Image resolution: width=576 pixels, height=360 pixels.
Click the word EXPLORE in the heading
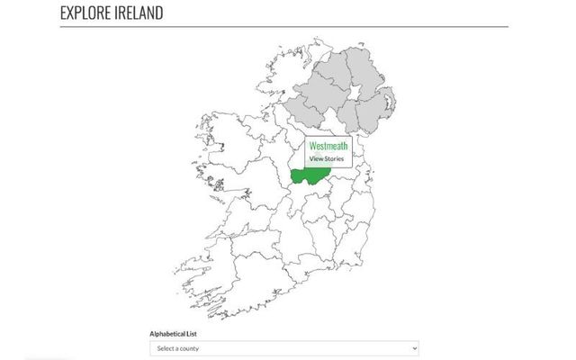(88, 14)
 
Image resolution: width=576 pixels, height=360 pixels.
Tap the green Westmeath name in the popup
(328, 145)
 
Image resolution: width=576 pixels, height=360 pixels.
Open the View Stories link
(326, 158)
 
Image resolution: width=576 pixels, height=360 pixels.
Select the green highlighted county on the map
(310, 175)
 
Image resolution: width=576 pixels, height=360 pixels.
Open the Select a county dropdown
(283, 348)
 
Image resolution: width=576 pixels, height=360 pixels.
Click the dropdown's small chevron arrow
(413, 348)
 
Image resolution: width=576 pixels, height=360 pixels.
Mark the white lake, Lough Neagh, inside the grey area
(354, 94)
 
